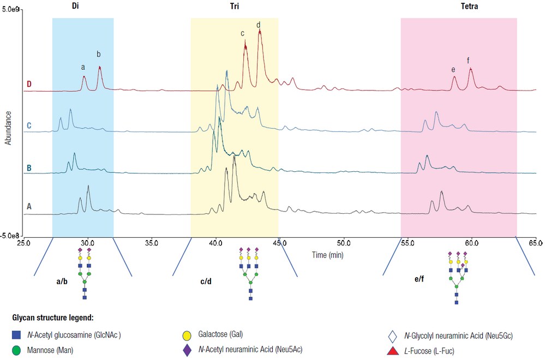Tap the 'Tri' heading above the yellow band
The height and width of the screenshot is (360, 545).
pyautogui.click(x=235, y=8)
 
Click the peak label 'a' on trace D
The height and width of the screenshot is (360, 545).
pyautogui.click(x=83, y=67)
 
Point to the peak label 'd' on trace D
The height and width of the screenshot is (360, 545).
pyautogui.click(x=258, y=25)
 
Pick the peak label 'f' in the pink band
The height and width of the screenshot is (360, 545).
pyautogui.click(x=468, y=60)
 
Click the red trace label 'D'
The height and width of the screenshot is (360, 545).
pyautogui.click(x=29, y=84)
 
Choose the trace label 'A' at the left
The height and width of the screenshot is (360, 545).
pyautogui.click(x=29, y=206)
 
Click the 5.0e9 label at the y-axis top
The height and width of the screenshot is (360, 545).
pyautogui.click(x=11, y=10)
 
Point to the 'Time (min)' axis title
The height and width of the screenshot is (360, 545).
pyautogui.click(x=328, y=255)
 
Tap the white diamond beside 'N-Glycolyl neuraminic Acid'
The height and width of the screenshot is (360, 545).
pyautogui.click(x=390, y=335)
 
